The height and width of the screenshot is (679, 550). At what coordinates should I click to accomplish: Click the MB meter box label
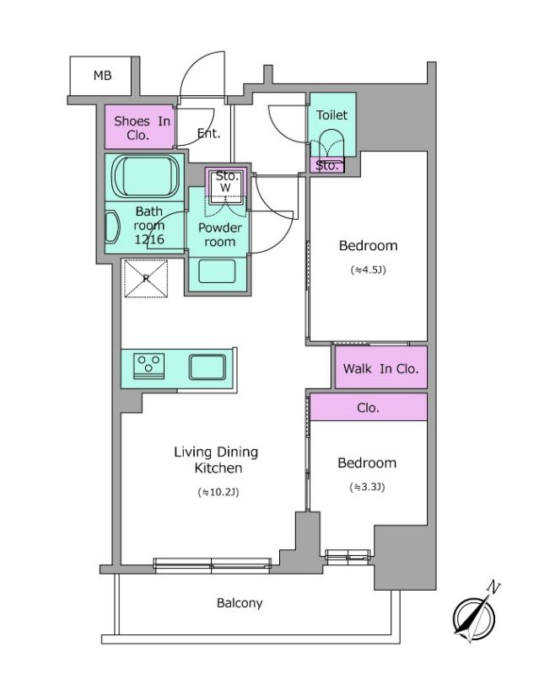(102, 76)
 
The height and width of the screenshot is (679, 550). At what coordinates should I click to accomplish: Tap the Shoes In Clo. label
(142, 128)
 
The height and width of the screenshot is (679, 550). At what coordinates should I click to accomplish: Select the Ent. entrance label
(208, 133)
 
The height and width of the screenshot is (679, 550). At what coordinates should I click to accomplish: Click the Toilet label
(332, 115)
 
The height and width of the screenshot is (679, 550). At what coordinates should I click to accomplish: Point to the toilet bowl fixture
(332, 143)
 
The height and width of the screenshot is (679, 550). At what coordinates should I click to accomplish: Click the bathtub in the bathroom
(145, 177)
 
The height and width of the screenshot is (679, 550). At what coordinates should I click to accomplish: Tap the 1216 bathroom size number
(149, 239)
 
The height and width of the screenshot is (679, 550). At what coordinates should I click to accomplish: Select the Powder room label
(220, 235)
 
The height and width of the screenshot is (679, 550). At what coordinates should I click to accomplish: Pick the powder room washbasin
(217, 271)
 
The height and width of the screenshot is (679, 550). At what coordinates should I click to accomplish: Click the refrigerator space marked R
(146, 279)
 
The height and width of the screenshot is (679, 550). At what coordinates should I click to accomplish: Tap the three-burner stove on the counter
(148, 366)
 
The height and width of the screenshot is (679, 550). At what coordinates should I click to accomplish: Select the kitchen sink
(208, 367)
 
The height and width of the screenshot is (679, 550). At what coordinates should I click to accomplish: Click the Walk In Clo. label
(380, 369)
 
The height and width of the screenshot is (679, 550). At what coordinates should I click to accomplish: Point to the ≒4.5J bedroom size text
(368, 270)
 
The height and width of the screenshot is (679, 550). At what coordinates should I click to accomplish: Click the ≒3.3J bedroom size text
(367, 487)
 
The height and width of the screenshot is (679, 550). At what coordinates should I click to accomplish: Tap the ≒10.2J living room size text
(218, 492)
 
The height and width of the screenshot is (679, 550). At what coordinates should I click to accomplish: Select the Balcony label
(240, 603)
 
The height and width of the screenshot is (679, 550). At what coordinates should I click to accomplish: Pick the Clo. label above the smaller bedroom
(368, 408)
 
